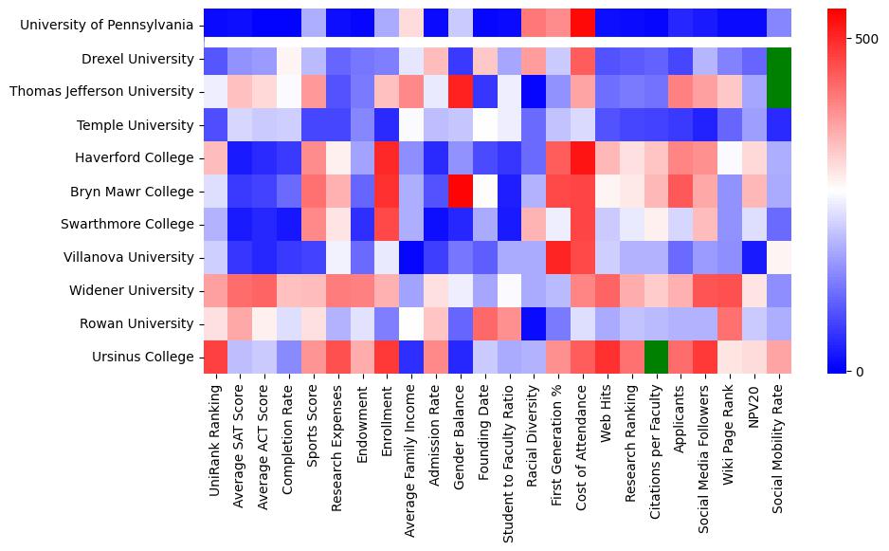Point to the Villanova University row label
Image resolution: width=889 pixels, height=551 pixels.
click(x=127, y=257)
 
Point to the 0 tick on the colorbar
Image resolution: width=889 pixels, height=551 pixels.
click(x=859, y=371)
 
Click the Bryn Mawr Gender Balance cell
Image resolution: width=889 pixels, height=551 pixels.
click(x=461, y=191)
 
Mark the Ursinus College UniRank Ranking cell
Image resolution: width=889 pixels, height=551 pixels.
click(x=216, y=357)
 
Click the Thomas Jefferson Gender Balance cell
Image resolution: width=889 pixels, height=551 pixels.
click(x=461, y=91)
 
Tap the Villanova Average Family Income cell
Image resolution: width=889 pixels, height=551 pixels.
click(x=411, y=257)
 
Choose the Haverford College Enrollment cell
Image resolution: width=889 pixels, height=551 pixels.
click(x=387, y=157)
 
